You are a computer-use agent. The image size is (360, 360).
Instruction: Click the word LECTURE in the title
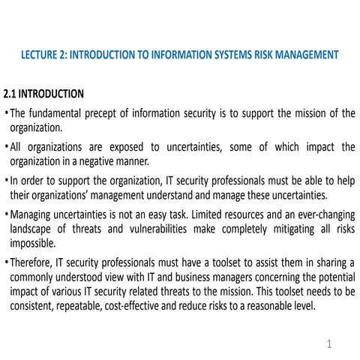click(40, 55)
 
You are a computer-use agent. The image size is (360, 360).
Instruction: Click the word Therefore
click(34, 260)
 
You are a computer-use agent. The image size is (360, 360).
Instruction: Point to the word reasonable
click(274, 307)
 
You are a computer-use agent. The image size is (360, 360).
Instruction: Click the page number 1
click(328, 343)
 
